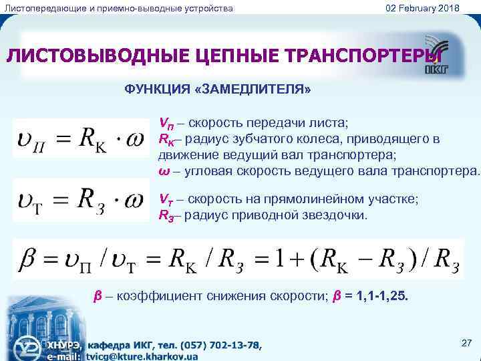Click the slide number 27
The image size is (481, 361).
467,343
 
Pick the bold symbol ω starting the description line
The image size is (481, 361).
162,170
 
